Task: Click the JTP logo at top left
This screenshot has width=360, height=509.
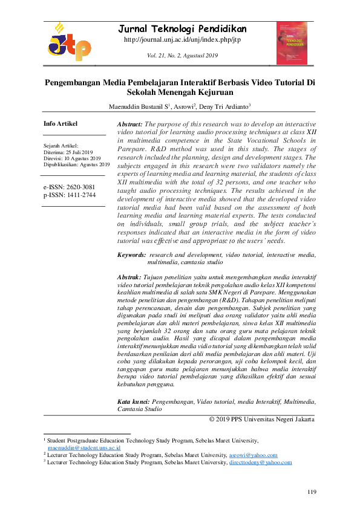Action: click(x=69, y=43)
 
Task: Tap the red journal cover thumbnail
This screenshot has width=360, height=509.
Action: click(x=292, y=43)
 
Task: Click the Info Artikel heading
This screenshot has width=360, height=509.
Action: click(x=61, y=124)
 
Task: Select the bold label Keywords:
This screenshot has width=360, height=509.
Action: click(x=131, y=256)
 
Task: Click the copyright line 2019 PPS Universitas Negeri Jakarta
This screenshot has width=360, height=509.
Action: click(x=261, y=419)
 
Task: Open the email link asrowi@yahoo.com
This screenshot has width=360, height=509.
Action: click(x=253, y=455)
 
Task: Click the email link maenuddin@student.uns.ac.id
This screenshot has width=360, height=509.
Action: click(x=84, y=448)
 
